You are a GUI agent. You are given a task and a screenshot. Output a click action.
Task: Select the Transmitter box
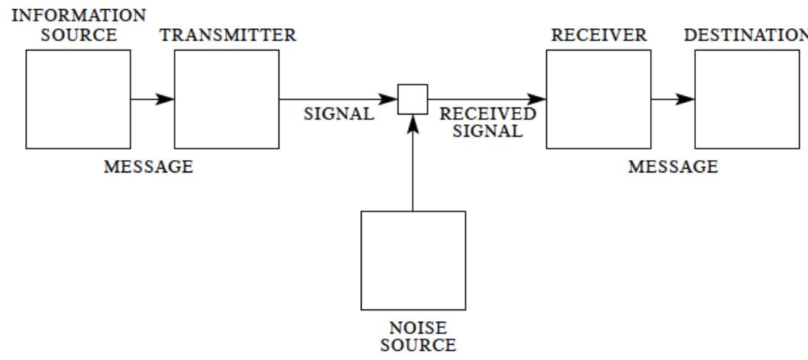[x=227, y=99]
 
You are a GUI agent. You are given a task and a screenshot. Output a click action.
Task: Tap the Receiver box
[x=598, y=99]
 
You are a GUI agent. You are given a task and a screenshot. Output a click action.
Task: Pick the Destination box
[x=747, y=99]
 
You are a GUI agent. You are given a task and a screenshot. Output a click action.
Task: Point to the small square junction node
[x=413, y=99]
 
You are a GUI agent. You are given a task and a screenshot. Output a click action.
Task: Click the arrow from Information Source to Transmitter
[x=153, y=99]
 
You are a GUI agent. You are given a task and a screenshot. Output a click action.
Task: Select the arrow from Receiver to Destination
[x=673, y=99]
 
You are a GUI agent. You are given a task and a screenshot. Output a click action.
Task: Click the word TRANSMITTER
[x=227, y=35]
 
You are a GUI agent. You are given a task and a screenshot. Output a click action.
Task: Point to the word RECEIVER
[x=598, y=35]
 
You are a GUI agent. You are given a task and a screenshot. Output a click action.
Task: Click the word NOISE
[x=413, y=329]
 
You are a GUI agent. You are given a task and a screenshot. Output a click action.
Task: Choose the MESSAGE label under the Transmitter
[x=149, y=167]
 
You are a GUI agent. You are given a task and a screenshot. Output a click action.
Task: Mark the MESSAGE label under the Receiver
[x=672, y=167]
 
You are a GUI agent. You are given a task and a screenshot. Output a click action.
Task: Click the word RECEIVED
[x=488, y=114]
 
